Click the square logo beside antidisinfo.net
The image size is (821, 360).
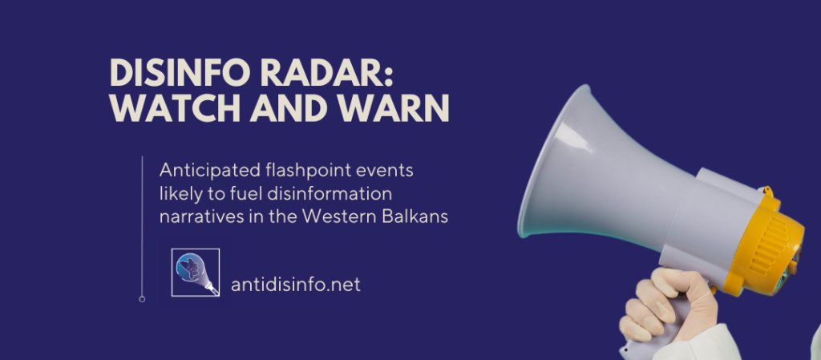(196, 273)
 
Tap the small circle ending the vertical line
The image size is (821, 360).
(142, 299)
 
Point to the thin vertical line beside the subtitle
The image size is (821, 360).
(142, 224)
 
